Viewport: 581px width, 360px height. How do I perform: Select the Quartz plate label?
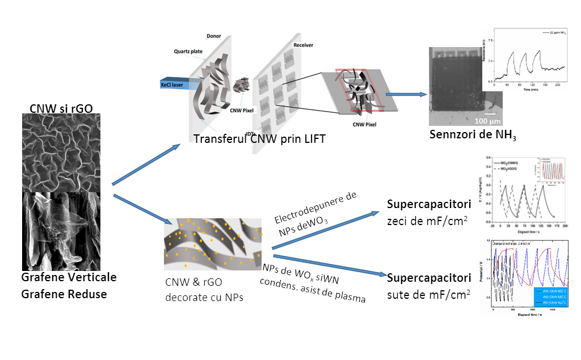188,51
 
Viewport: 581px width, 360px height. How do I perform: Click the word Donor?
214,36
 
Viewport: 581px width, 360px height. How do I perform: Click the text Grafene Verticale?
69,277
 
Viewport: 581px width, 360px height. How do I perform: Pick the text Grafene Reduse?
64,294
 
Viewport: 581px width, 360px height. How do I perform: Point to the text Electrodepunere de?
315,207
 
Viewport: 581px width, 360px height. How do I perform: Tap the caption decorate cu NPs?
204,297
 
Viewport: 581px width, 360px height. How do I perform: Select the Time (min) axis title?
530,90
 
